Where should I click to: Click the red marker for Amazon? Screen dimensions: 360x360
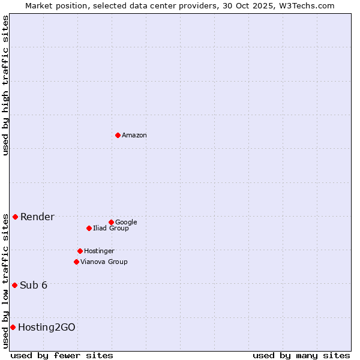tap(118, 135)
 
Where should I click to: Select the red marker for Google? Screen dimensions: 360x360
tap(111, 222)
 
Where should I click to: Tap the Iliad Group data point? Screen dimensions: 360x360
tap(89, 228)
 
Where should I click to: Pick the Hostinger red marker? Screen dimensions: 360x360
tap(80, 251)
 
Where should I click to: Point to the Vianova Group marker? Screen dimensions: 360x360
tap(76, 262)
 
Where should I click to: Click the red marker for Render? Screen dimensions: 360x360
tap(15, 217)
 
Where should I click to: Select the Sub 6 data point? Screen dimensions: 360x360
tap(14, 285)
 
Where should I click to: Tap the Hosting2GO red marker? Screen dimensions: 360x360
tap(13, 327)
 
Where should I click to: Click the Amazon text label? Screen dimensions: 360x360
tap(134, 136)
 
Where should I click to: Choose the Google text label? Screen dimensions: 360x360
tap(126, 223)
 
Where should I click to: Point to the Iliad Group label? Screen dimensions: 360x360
tap(110, 229)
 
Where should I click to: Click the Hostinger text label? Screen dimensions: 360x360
tap(99, 251)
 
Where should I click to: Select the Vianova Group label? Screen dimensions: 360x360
tap(104, 262)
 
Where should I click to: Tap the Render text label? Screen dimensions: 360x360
tap(37, 217)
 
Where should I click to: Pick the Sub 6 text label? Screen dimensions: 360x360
tap(34, 286)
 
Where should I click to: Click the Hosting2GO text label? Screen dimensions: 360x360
tap(47, 328)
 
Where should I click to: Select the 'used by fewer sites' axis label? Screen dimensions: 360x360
tap(62, 355)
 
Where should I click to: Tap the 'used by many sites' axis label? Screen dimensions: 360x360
tap(301, 355)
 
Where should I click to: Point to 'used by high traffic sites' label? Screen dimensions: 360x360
tap(6, 85)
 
